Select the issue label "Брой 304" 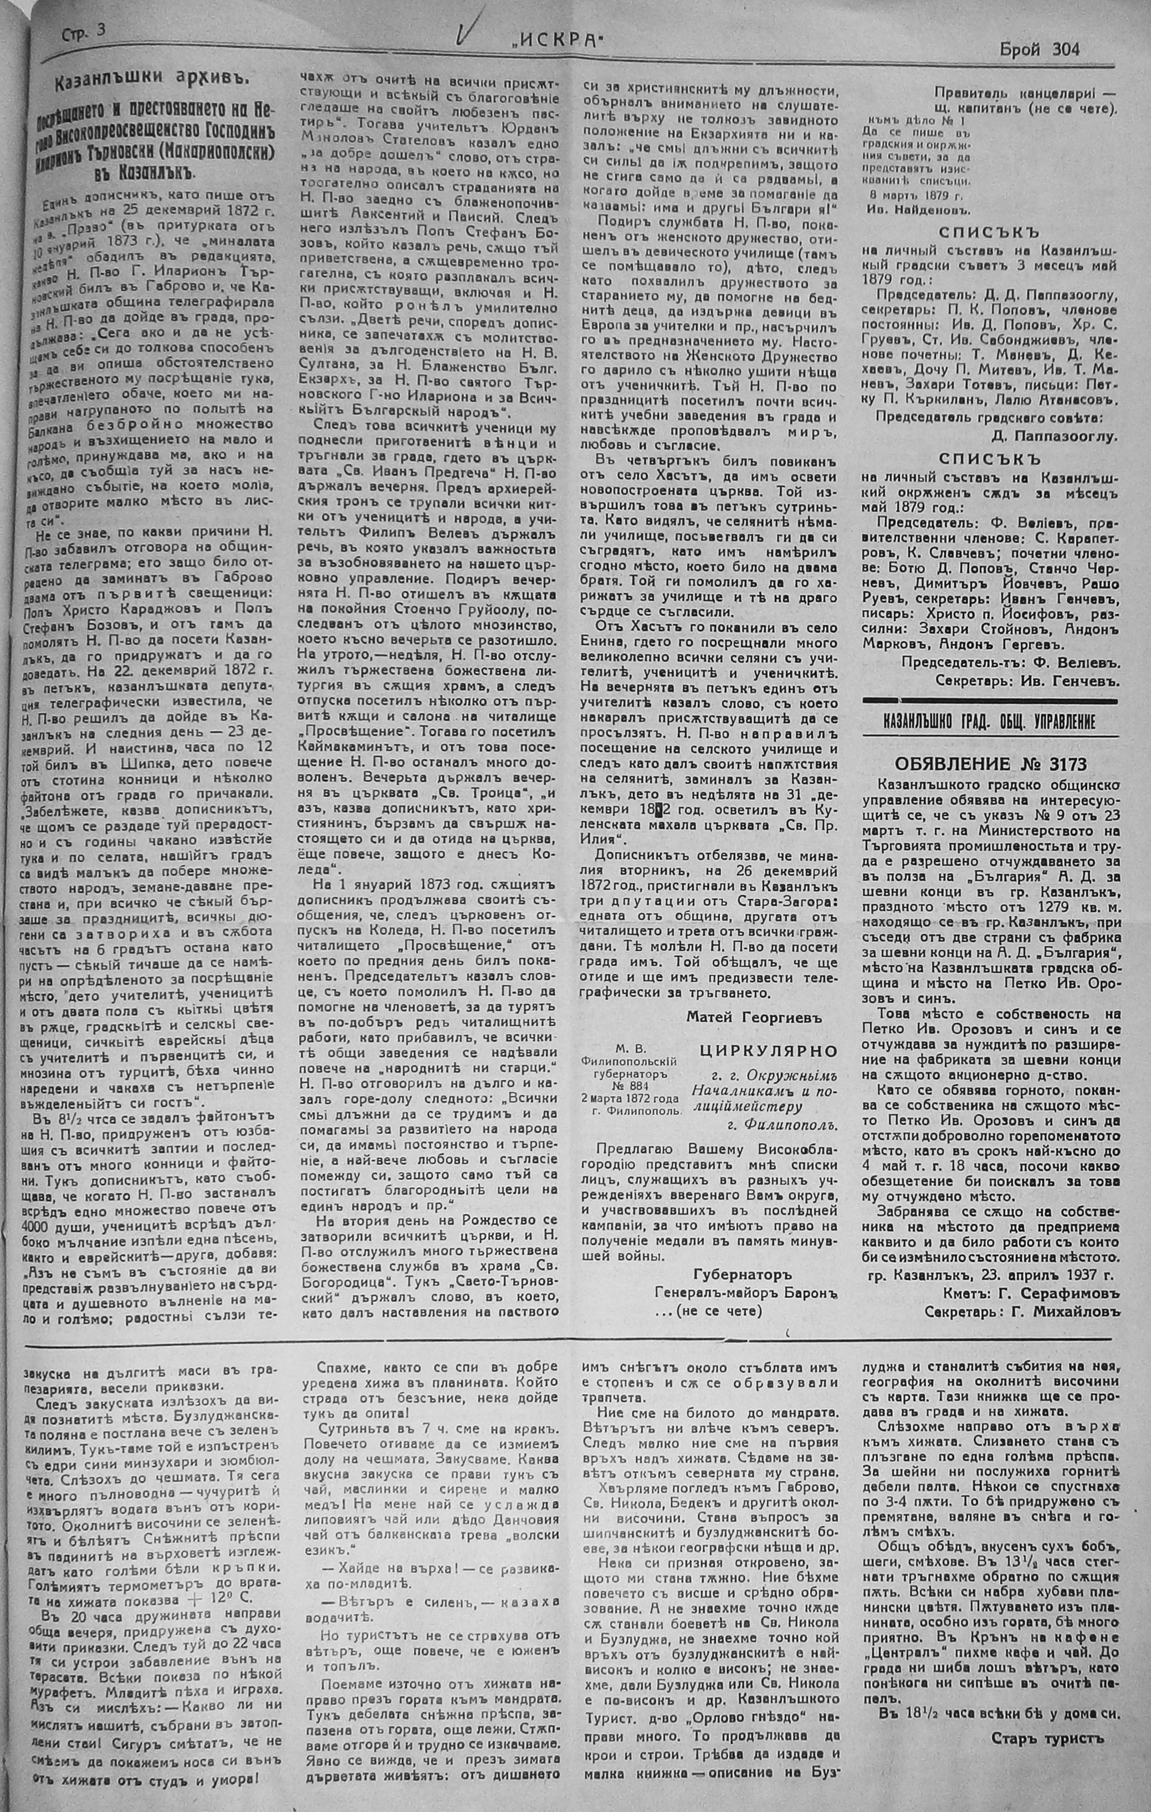coord(1039,50)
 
